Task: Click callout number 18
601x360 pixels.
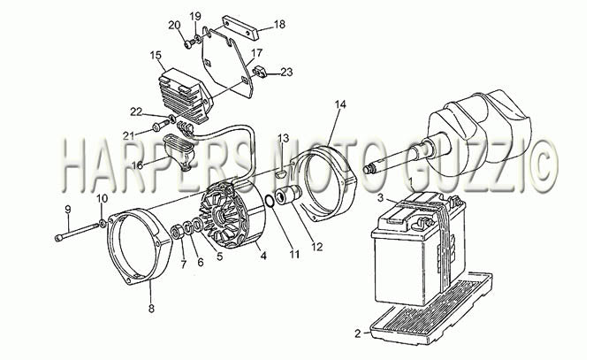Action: click(x=279, y=24)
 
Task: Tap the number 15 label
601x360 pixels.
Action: click(x=156, y=55)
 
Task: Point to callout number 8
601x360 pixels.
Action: click(x=151, y=308)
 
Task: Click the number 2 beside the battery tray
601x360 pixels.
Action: click(x=358, y=333)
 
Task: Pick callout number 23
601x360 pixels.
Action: click(x=286, y=72)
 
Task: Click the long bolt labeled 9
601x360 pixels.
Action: click(x=76, y=233)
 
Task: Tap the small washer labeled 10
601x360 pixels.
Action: click(x=103, y=222)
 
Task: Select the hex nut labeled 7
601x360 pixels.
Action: click(x=177, y=233)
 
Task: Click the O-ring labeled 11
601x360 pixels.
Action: click(x=270, y=201)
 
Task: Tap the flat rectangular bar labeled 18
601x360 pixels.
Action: click(x=240, y=27)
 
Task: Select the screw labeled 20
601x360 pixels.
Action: click(x=189, y=44)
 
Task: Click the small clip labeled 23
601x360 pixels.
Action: click(x=259, y=72)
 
